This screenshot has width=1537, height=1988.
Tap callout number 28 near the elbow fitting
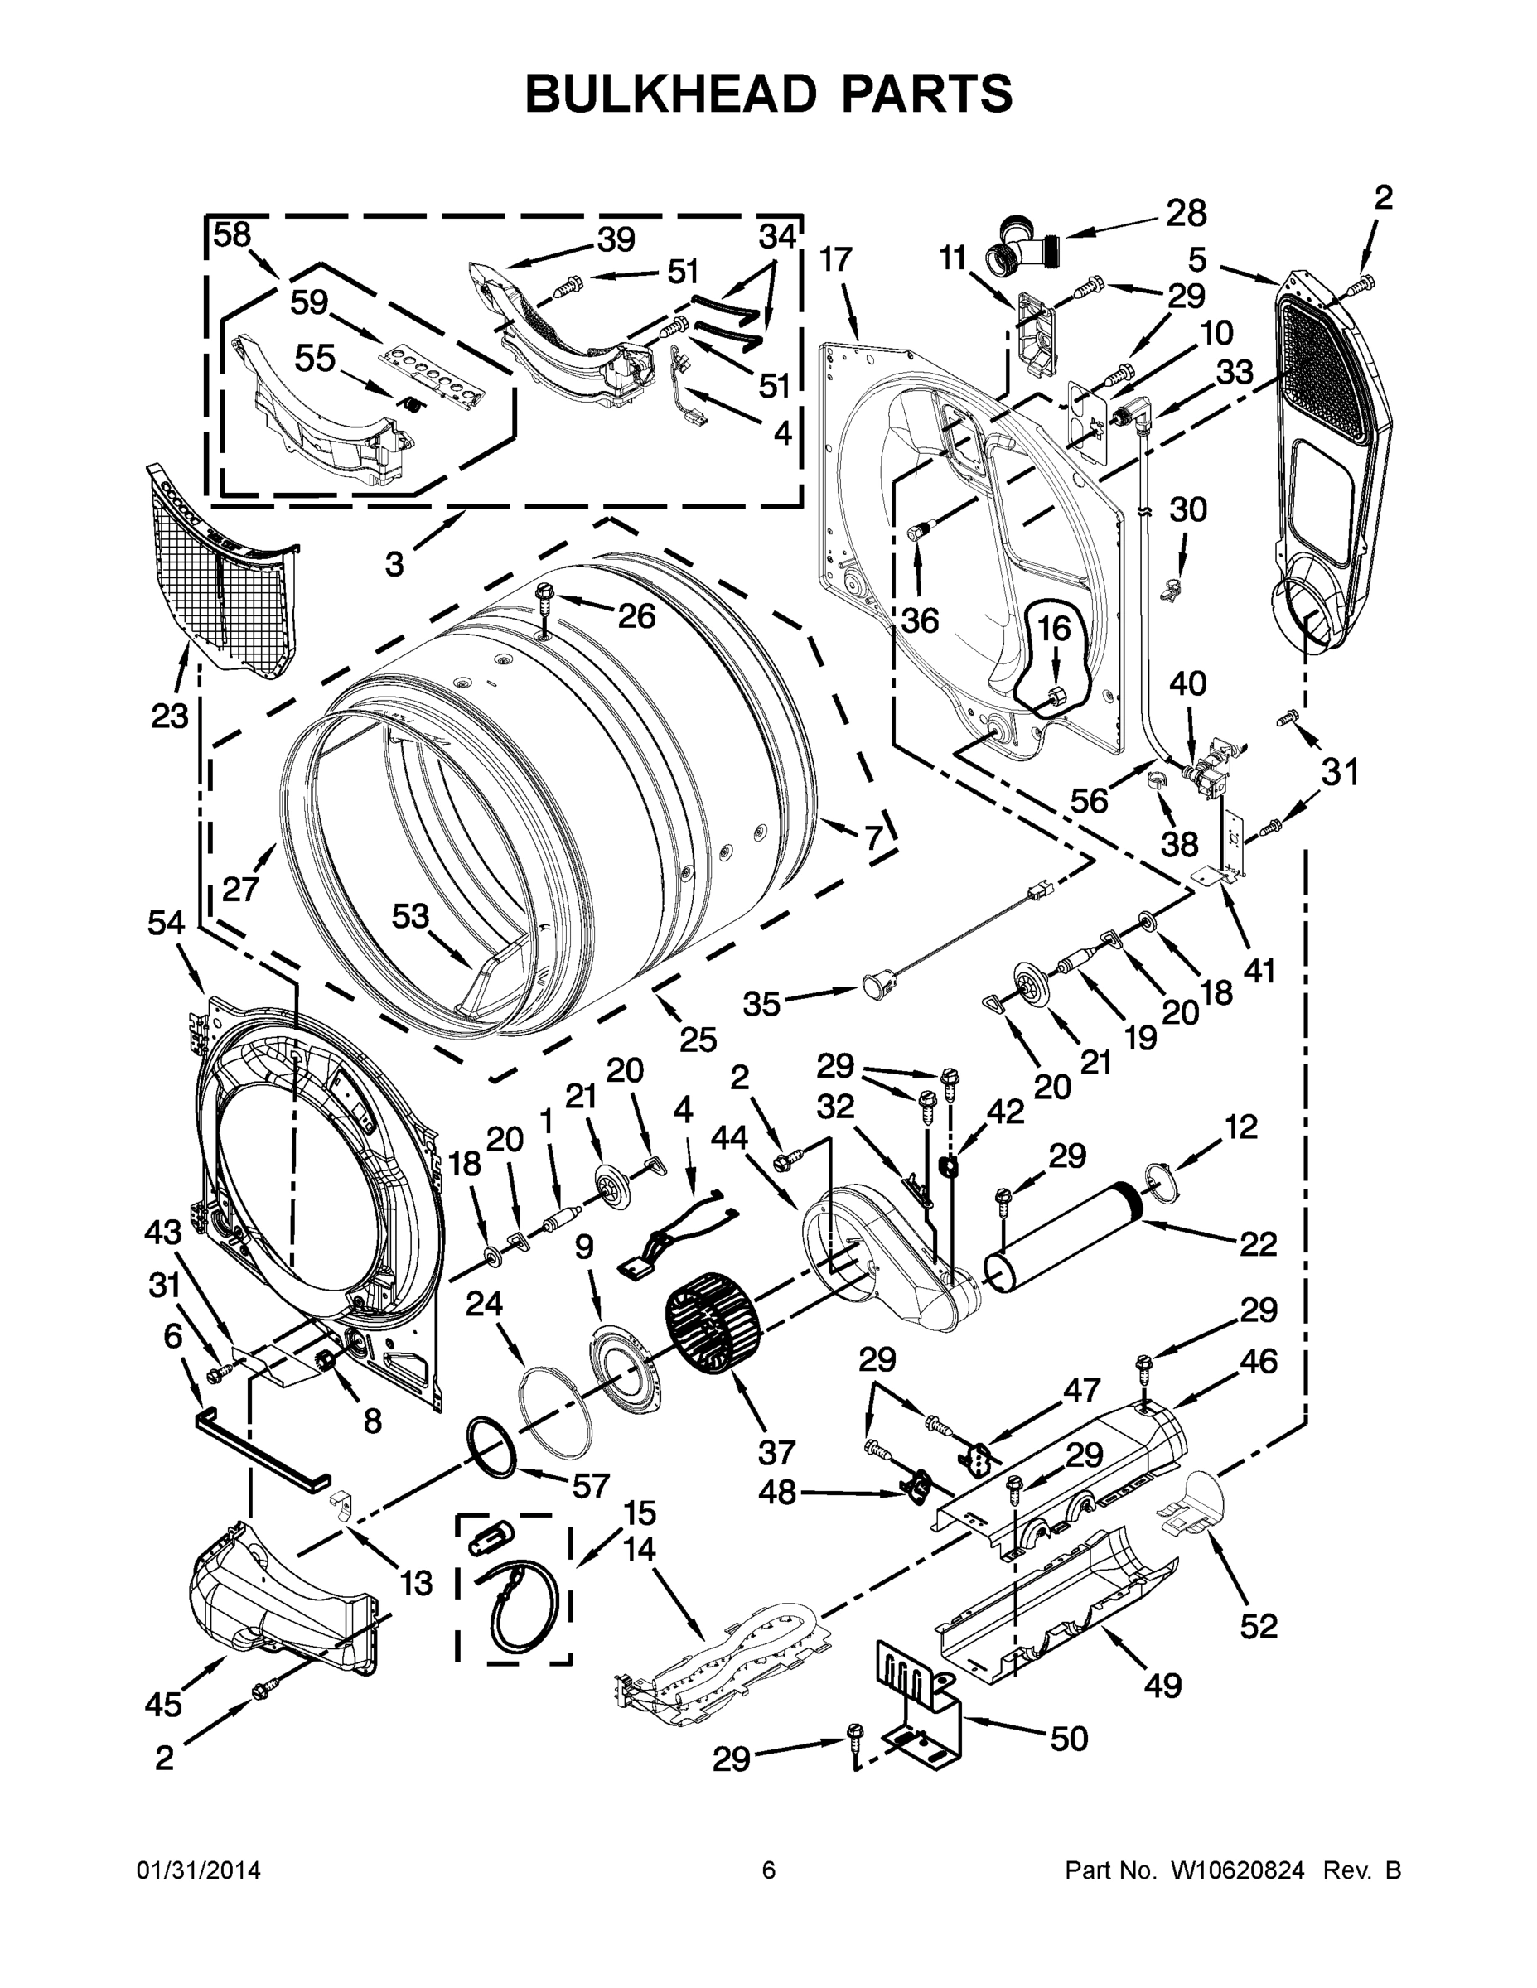[1186, 213]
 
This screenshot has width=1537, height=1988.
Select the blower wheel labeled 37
[712, 1321]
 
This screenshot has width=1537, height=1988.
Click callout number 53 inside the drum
[410, 914]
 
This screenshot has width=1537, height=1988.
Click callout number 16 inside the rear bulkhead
[1055, 629]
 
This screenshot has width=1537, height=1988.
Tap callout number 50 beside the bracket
[1068, 1738]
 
